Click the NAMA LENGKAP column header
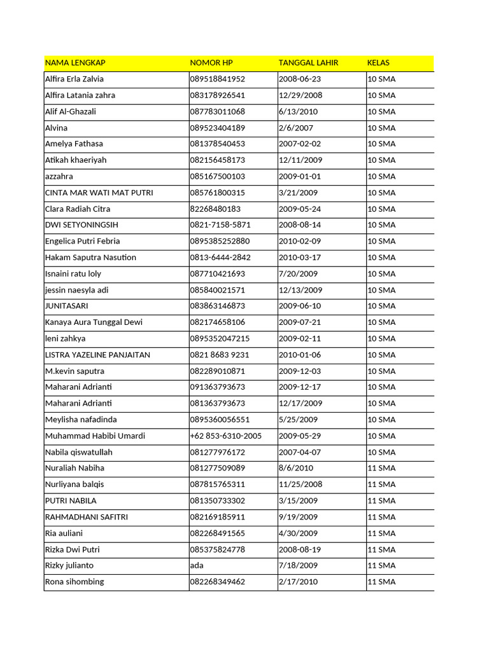(75, 63)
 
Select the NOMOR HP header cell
(211, 63)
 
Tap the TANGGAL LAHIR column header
(308, 63)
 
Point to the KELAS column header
(378, 63)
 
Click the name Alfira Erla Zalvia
(74, 79)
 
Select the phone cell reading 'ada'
(197, 566)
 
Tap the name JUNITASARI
(66, 306)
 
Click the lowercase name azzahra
(60, 177)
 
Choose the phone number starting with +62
(226, 436)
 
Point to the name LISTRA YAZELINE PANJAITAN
(97, 355)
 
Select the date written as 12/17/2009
(301, 403)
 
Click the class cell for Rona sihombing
(381, 582)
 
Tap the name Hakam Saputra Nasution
(90, 257)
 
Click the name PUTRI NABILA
(71, 501)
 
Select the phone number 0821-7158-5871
(220, 225)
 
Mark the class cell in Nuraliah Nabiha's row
(381, 468)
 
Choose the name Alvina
(56, 128)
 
